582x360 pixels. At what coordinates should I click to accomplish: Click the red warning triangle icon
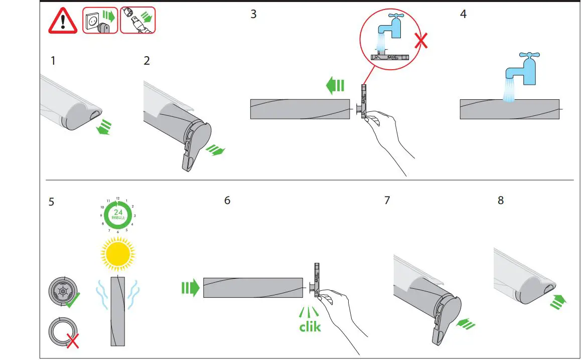click(x=63, y=21)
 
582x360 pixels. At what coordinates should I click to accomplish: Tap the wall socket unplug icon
click(x=100, y=20)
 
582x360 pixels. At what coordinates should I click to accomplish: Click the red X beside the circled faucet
click(x=421, y=41)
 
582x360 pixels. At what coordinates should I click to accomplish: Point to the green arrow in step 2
click(x=216, y=150)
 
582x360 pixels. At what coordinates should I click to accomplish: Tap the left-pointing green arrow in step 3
click(x=335, y=86)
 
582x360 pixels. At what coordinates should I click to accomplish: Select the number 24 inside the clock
click(x=118, y=212)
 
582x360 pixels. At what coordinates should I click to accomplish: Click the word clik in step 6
click(x=310, y=327)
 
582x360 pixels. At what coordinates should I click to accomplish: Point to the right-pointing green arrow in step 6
click(x=190, y=288)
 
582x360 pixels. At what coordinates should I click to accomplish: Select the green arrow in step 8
click(x=557, y=301)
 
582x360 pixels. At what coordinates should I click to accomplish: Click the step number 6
click(x=227, y=201)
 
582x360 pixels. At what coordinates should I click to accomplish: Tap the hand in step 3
click(x=386, y=135)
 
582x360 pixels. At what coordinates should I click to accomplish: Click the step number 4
click(x=463, y=14)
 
